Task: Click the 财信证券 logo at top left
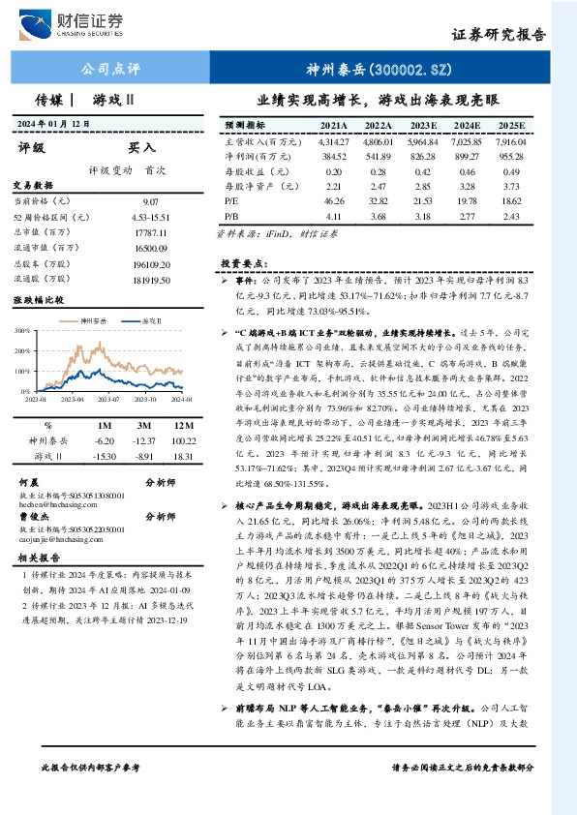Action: point(76,24)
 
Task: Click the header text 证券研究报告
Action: point(499,34)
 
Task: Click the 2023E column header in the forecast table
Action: point(424,126)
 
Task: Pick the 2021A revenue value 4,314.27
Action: point(332,141)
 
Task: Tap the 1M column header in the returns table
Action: point(103,425)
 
